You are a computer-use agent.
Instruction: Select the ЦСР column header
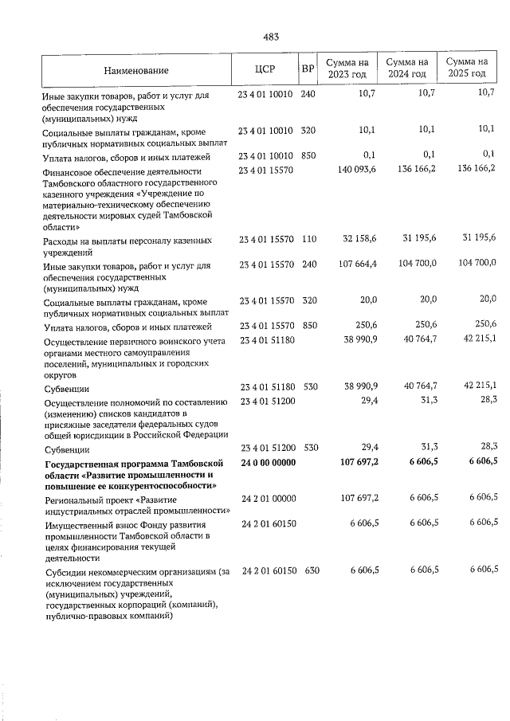click(265, 69)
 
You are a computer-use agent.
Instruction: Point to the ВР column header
click(308, 69)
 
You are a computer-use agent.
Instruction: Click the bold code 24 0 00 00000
click(266, 463)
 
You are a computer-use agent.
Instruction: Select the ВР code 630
click(308, 570)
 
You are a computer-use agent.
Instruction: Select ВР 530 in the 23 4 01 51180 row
click(308, 386)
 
